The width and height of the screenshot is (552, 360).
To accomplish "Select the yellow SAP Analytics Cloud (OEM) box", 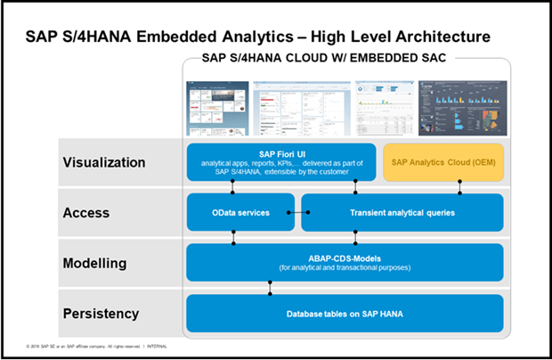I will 442,161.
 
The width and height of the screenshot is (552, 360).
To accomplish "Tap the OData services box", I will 239,212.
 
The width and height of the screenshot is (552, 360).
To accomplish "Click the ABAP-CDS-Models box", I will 345,262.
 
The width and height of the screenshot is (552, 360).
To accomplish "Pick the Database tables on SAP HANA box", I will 345,313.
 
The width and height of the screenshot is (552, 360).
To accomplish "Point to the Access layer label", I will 86,213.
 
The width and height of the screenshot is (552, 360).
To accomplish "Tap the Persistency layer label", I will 101,314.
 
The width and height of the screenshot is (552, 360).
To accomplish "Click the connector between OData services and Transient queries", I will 302,212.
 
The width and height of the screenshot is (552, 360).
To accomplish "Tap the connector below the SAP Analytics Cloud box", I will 460,186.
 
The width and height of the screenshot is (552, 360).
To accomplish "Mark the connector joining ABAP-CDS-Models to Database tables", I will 270,288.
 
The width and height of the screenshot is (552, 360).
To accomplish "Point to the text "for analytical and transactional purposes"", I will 345,268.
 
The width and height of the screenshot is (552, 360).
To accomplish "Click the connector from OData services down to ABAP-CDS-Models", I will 234,237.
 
